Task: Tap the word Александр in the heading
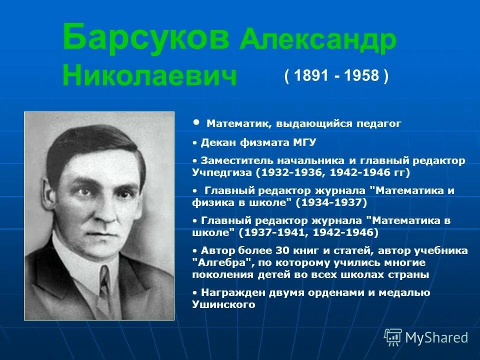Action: tap(318, 42)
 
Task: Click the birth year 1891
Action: tap(310, 76)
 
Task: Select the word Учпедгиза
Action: tap(222, 172)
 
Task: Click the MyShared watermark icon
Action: tap(392, 337)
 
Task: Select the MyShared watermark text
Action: tap(436, 338)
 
